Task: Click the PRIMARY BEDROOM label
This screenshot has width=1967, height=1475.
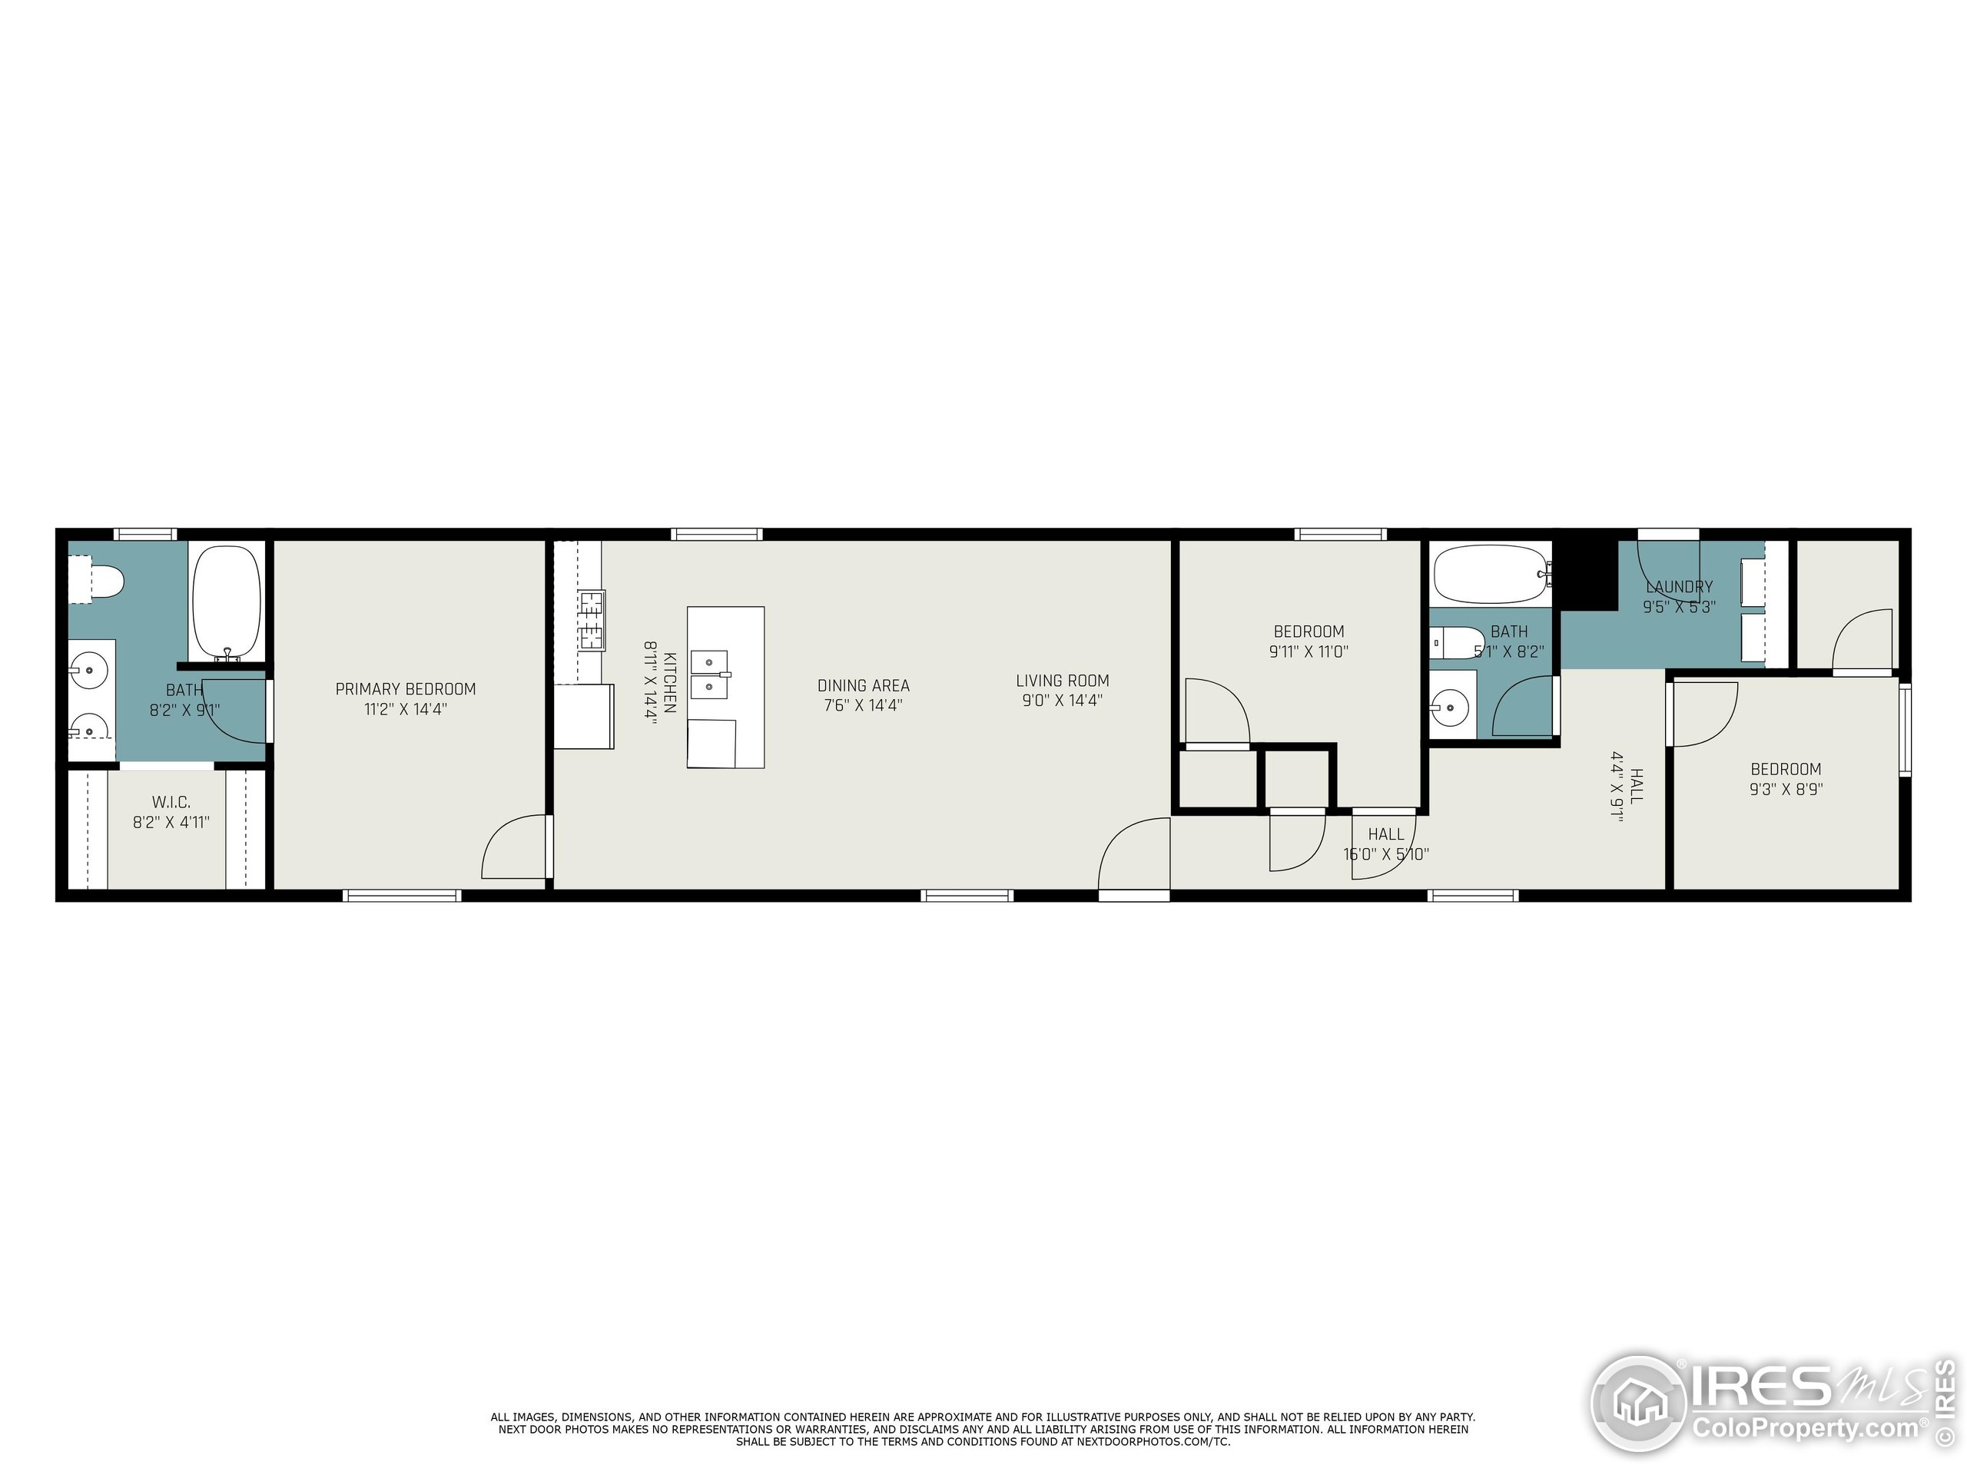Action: point(406,689)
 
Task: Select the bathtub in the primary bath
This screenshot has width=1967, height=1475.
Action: point(227,601)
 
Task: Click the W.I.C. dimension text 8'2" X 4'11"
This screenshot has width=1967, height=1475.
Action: point(171,823)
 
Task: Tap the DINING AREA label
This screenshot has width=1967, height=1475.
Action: point(864,685)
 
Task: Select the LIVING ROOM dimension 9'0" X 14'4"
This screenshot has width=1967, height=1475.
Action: point(1062,701)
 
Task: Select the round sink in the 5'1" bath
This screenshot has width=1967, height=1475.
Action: point(1451,708)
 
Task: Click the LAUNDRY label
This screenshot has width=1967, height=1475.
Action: point(1679,587)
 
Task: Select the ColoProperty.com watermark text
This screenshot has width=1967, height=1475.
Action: point(1805,1429)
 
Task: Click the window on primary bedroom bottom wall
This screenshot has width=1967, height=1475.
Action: point(402,895)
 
